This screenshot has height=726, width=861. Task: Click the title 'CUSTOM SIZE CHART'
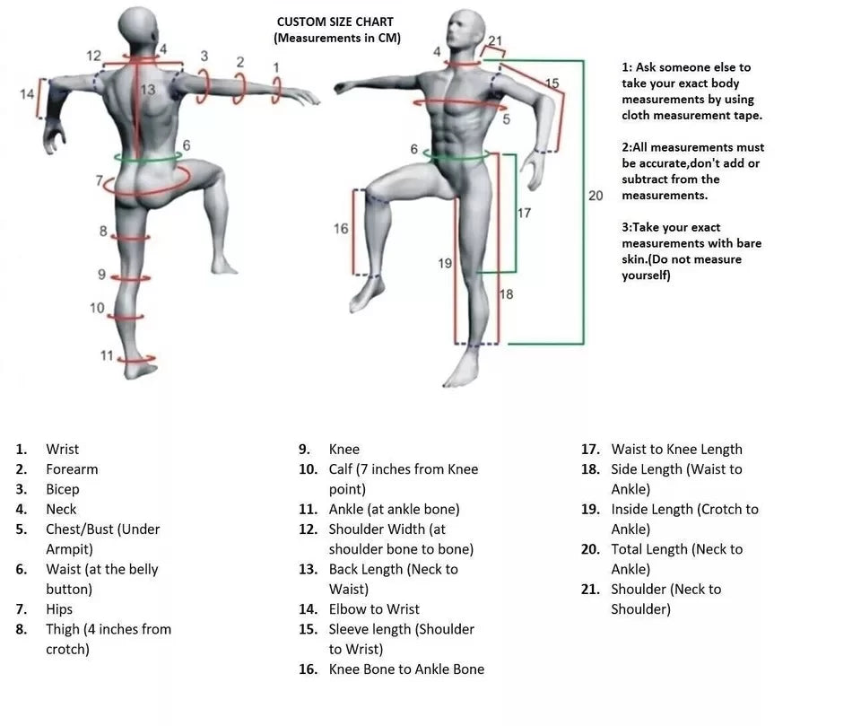coord(335,22)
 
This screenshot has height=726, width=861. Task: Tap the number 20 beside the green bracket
coord(596,195)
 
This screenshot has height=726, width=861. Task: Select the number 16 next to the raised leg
coord(341,229)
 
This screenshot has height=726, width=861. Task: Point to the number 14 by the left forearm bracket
coord(27,93)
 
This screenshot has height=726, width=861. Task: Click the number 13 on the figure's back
coord(147,90)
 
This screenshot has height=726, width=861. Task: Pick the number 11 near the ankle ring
coord(107,355)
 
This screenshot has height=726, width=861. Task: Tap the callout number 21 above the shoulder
coord(496,40)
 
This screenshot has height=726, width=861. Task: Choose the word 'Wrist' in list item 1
coord(62,449)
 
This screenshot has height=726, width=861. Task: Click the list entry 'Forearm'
coord(72,469)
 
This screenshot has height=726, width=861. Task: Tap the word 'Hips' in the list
coord(59,609)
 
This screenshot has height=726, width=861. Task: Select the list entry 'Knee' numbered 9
coord(344,449)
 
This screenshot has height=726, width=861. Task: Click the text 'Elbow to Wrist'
coord(374,609)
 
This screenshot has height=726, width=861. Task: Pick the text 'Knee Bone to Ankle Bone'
coord(406,669)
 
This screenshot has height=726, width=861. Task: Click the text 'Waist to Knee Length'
coord(676,449)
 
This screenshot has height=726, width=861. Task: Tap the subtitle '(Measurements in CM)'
coord(336,38)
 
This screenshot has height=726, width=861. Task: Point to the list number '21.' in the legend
coord(590,590)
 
